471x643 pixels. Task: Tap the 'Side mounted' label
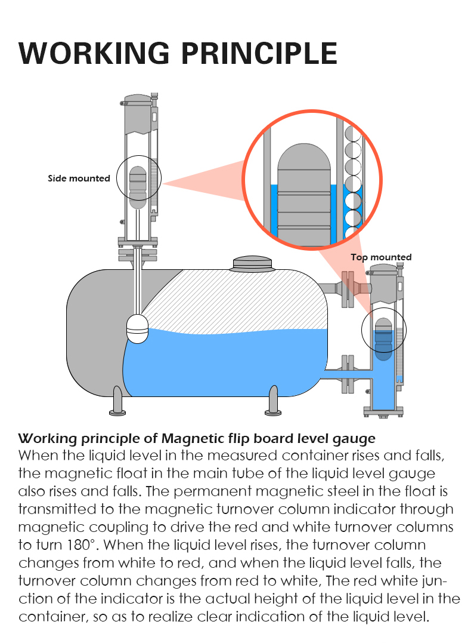point(79,178)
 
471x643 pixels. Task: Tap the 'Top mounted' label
point(381,257)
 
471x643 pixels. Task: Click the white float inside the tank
point(138,329)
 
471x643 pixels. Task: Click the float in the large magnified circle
point(304,197)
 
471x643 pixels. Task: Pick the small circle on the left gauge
point(138,181)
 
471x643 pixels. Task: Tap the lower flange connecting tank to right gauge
point(345,374)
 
